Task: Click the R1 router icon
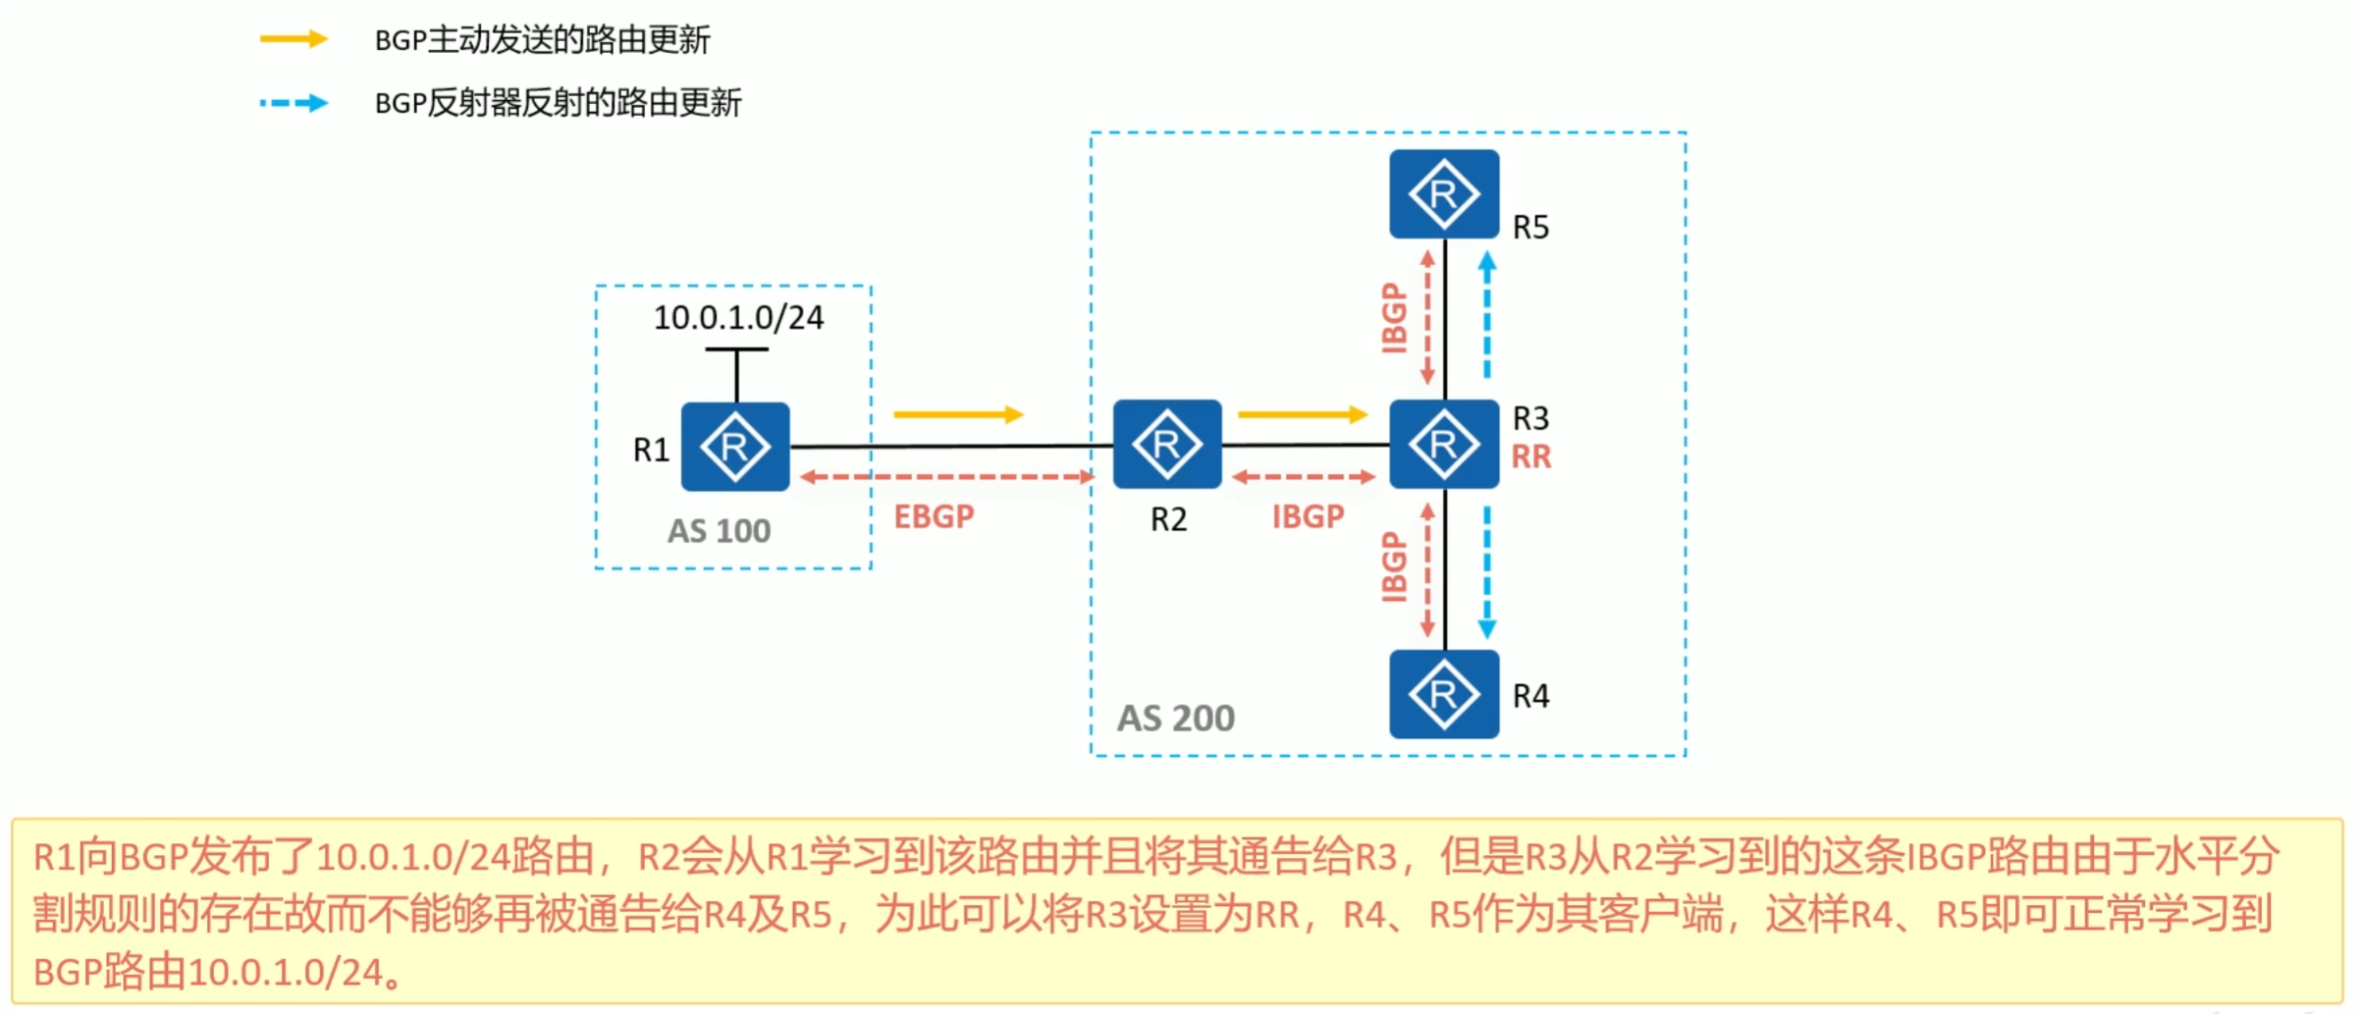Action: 735,447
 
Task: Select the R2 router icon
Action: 1167,445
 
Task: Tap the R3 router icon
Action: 1444,445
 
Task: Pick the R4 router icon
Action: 1444,694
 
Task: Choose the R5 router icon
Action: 1444,194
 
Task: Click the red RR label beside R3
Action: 1530,456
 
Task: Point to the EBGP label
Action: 934,516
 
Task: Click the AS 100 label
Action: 720,531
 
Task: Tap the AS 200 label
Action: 1176,719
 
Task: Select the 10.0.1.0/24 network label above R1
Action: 738,318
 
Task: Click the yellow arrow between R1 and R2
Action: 958,415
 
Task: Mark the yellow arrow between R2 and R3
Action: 1303,415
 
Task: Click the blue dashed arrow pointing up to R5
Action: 1487,314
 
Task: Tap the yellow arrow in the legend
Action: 294,39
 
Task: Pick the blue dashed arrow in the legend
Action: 294,103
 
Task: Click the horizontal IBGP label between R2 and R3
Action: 1308,516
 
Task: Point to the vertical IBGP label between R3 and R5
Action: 1394,317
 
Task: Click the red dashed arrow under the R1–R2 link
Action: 947,477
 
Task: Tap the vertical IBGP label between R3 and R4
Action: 1394,567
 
